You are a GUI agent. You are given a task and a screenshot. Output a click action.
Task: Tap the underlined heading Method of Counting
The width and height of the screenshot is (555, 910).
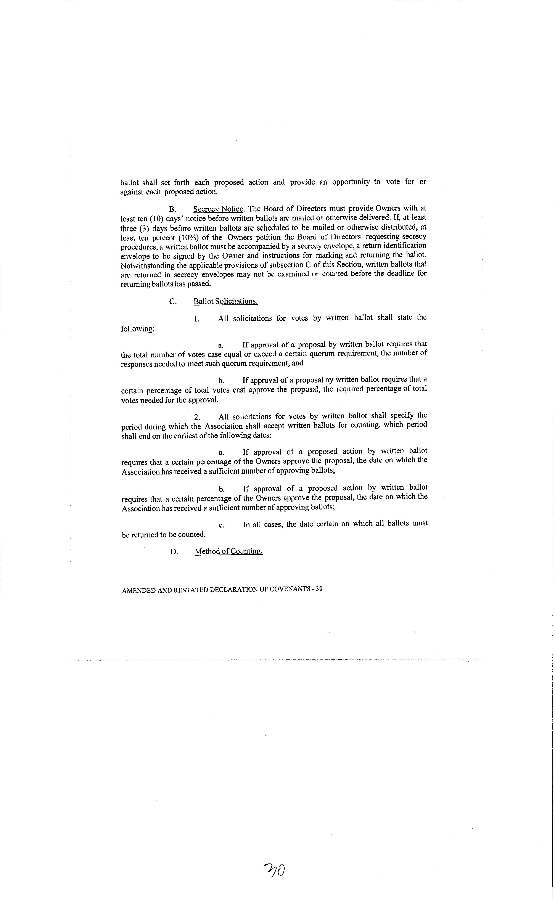(x=228, y=551)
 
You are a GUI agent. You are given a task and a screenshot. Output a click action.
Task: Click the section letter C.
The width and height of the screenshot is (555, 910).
(x=172, y=302)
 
